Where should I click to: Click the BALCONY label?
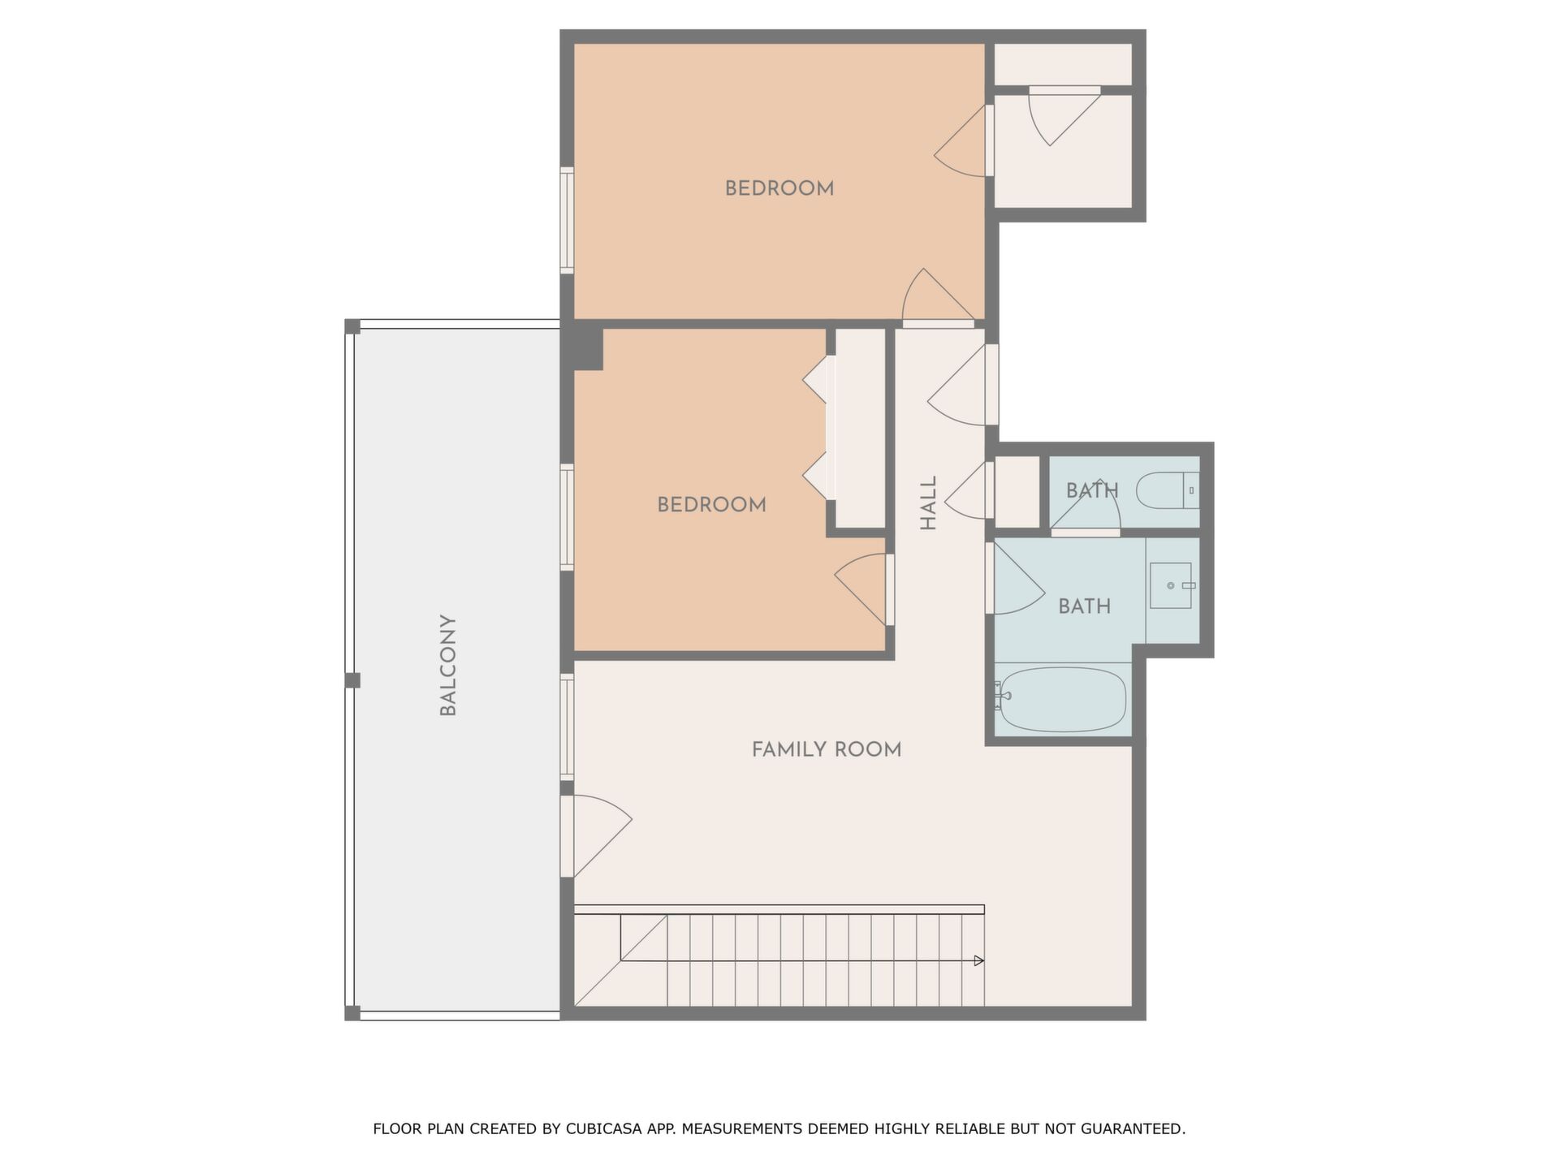[x=448, y=666]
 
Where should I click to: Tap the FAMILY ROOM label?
[x=827, y=749]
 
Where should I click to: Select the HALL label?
[x=928, y=503]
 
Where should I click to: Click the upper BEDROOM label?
[x=779, y=188]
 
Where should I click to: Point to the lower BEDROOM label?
[x=711, y=505]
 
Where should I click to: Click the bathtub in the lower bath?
[x=1063, y=700]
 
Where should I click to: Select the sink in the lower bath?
[x=1171, y=585]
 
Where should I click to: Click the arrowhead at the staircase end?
[x=979, y=960]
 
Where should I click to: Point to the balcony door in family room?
[x=595, y=836]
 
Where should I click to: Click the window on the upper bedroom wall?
[x=567, y=221]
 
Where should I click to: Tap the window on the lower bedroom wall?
[x=567, y=517]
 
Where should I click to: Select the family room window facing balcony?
[x=567, y=727]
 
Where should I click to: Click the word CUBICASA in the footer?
[x=602, y=1128]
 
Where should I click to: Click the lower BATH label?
[x=1085, y=606]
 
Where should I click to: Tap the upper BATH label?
[x=1092, y=491]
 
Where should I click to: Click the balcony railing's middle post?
[x=352, y=680]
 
